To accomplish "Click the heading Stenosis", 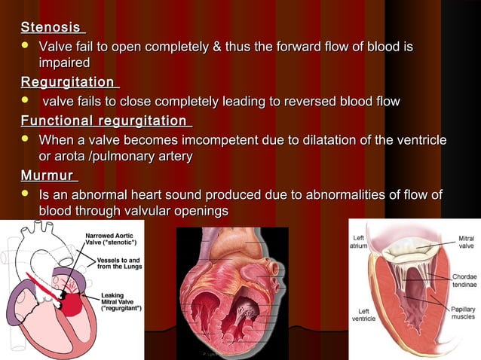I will click(51, 28).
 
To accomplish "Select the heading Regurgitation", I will click(68, 82).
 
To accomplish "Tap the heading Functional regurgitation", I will click(104, 121).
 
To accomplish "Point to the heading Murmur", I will click(47, 176).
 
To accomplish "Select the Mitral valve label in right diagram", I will click(466, 243).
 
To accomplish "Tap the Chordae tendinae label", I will click(461, 282).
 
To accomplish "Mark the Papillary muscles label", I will click(462, 313).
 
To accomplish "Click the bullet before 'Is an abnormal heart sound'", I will click(26, 196).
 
